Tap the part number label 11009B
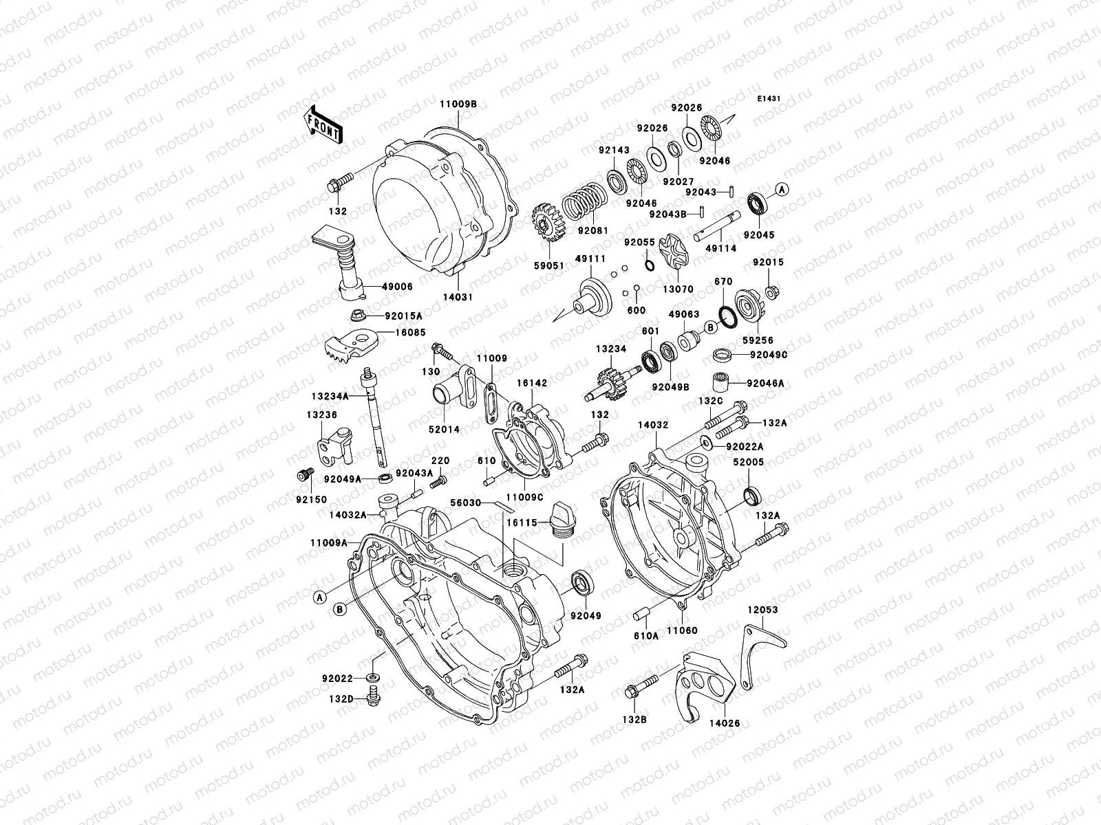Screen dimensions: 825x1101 [459, 104]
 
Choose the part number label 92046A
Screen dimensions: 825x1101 [765, 384]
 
